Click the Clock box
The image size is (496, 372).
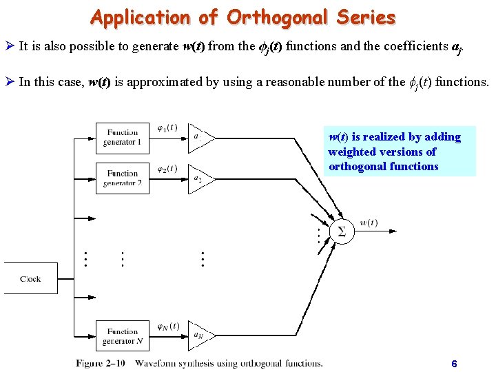point(30,278)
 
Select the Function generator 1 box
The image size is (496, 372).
point(122,137)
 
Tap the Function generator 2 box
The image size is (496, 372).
point(122,178)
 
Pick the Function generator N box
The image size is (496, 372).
point(122,336)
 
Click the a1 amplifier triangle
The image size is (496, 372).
point(199,137)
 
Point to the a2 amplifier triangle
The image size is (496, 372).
point(199,178)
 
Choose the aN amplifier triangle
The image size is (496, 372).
point(199,335)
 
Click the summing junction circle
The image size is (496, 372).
point(342,232)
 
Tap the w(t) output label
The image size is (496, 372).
point(369,223)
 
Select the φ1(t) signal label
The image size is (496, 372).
point(167,127)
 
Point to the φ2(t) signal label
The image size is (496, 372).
point(167,169)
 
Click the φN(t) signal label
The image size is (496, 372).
point(167,326)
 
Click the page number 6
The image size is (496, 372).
point(453,363)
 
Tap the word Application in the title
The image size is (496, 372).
point(139,17)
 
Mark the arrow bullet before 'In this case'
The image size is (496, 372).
point(10,82)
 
